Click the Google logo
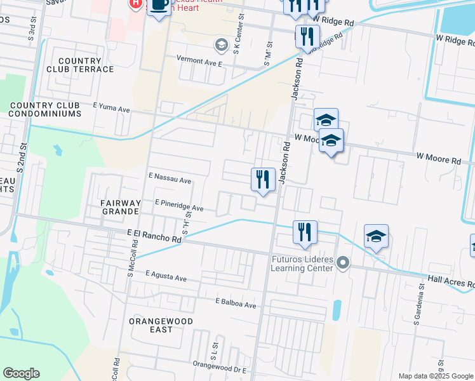tap(22, 373)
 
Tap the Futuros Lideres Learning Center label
tap(302, 264)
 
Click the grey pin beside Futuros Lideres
tap(344, 262)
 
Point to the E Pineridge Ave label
tap(179, 208)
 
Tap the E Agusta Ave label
tap(166, 277)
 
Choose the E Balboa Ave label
tap(235, 304)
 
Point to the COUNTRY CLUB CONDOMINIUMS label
tap(46, 109)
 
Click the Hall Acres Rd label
tap(451, 279)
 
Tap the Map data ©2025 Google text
tap(436, 376)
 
